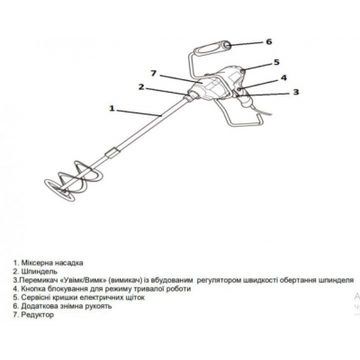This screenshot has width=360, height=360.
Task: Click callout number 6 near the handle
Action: pyautogui.click(x=269, y=41)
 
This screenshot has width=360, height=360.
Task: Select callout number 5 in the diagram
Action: pyautogui.click(x=276, y=62)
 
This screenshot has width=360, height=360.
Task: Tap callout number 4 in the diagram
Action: pyautogui.click(x=283, y=78)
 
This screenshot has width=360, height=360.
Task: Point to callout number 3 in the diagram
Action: pyautogui.click(x=296, y=92)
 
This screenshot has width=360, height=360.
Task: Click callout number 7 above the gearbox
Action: pyautogui.click(x=154, y=73)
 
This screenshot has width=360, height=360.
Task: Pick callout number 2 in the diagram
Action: pyautogui.click(x=141, y=87)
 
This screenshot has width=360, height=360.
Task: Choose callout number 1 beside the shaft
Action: pyautogui.click(x=112, y=108)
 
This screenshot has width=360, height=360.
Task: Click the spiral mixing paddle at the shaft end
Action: pyautogui.click(x=71, y=181)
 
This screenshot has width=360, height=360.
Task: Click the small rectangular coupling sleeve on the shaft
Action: pyautogui.click(x=112, y=152)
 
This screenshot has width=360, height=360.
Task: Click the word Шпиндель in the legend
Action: pyautogui.click(x=39, y=272)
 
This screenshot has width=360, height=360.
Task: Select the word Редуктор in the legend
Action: pyautogui.click(x=38, y=315)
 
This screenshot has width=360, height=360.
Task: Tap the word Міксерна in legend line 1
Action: pyautogui.click(x=37, y=263)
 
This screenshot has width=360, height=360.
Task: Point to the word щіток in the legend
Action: pyautogui.click(x=134, y=298)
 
